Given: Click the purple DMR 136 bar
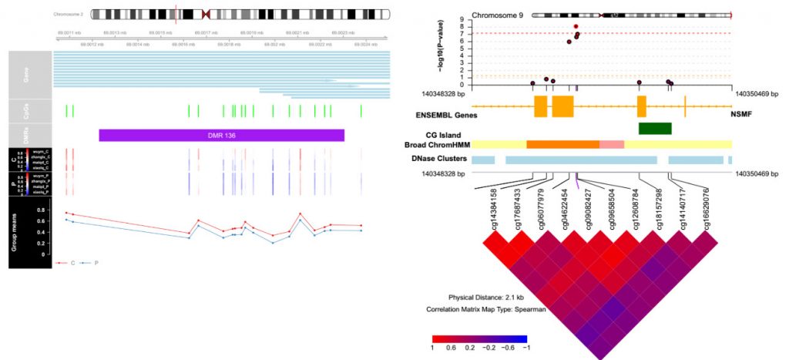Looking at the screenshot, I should (x=221, y=135).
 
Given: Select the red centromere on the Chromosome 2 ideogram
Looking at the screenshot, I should (x=206, y=14).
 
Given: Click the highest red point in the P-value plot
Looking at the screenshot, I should (x=576, y=26).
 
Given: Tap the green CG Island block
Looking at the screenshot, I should (x=655, y=129).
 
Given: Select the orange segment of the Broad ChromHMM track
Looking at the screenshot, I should (x=562, y=144).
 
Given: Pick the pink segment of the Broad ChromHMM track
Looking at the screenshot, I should (x=612, y=144).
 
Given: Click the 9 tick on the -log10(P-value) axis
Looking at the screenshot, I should (x=462, y=18).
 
